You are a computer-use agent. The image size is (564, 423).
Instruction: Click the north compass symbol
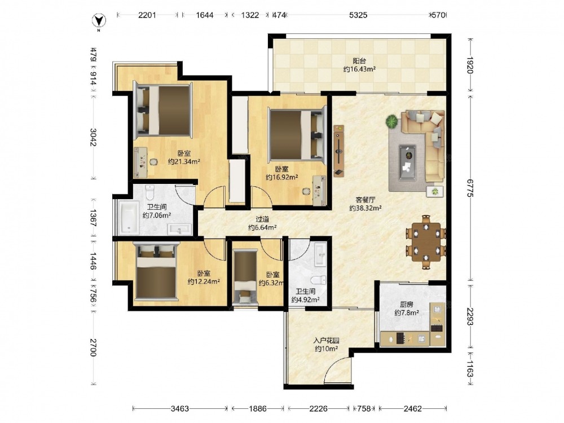click(x=99, y=21)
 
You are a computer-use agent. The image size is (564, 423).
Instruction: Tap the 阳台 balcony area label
click(x=359, y=61)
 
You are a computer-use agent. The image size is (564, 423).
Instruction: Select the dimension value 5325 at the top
click(x=358, y=15)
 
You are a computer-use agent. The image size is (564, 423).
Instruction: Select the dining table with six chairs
click(x=426, y=242)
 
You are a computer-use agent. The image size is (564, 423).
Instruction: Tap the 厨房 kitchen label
click(x=407, y=305)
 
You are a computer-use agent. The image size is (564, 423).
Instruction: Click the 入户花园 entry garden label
click(x=326, y=340)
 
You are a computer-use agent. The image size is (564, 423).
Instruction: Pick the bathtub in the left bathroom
click(x=129, y=218)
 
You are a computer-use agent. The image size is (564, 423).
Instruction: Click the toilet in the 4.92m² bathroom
click(x=318, y=280)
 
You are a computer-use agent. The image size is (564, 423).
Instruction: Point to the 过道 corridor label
click(x=262, y=219)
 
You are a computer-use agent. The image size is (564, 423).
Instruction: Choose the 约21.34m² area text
click(x=184, y=162)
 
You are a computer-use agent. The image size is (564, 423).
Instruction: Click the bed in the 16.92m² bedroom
click(x=297, y=135)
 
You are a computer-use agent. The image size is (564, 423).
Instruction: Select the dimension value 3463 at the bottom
click(x=180, y=408)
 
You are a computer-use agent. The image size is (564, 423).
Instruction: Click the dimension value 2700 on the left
click(x=93, y=347)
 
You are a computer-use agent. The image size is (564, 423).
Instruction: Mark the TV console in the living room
click(x=339, y=151)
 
